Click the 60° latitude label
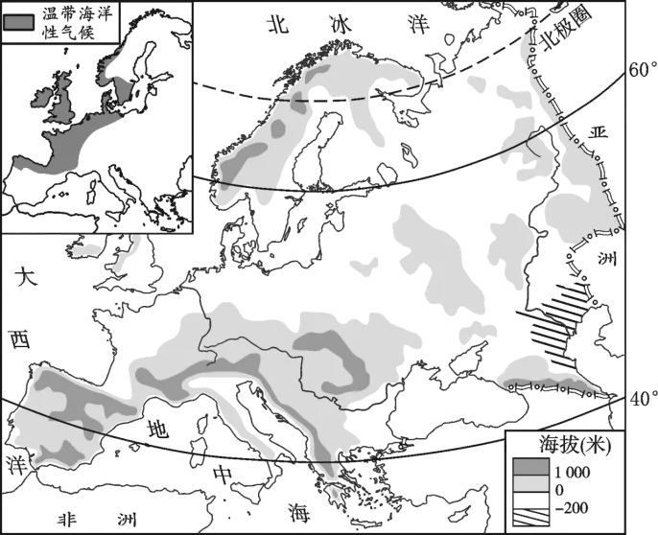pos(642,69)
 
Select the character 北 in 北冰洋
pos(278,24)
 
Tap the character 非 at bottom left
pos(67,520)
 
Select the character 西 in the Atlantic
pos(20,339)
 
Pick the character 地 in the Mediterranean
pos(157,429)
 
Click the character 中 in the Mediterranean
pos(222,475)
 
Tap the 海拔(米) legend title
pos(575,446)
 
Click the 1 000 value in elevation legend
pos(573,473)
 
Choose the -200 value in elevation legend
pos(572,508)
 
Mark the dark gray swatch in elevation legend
pos(530,466)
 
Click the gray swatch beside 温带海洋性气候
pos(19,22)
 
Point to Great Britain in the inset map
pos(63,99)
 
